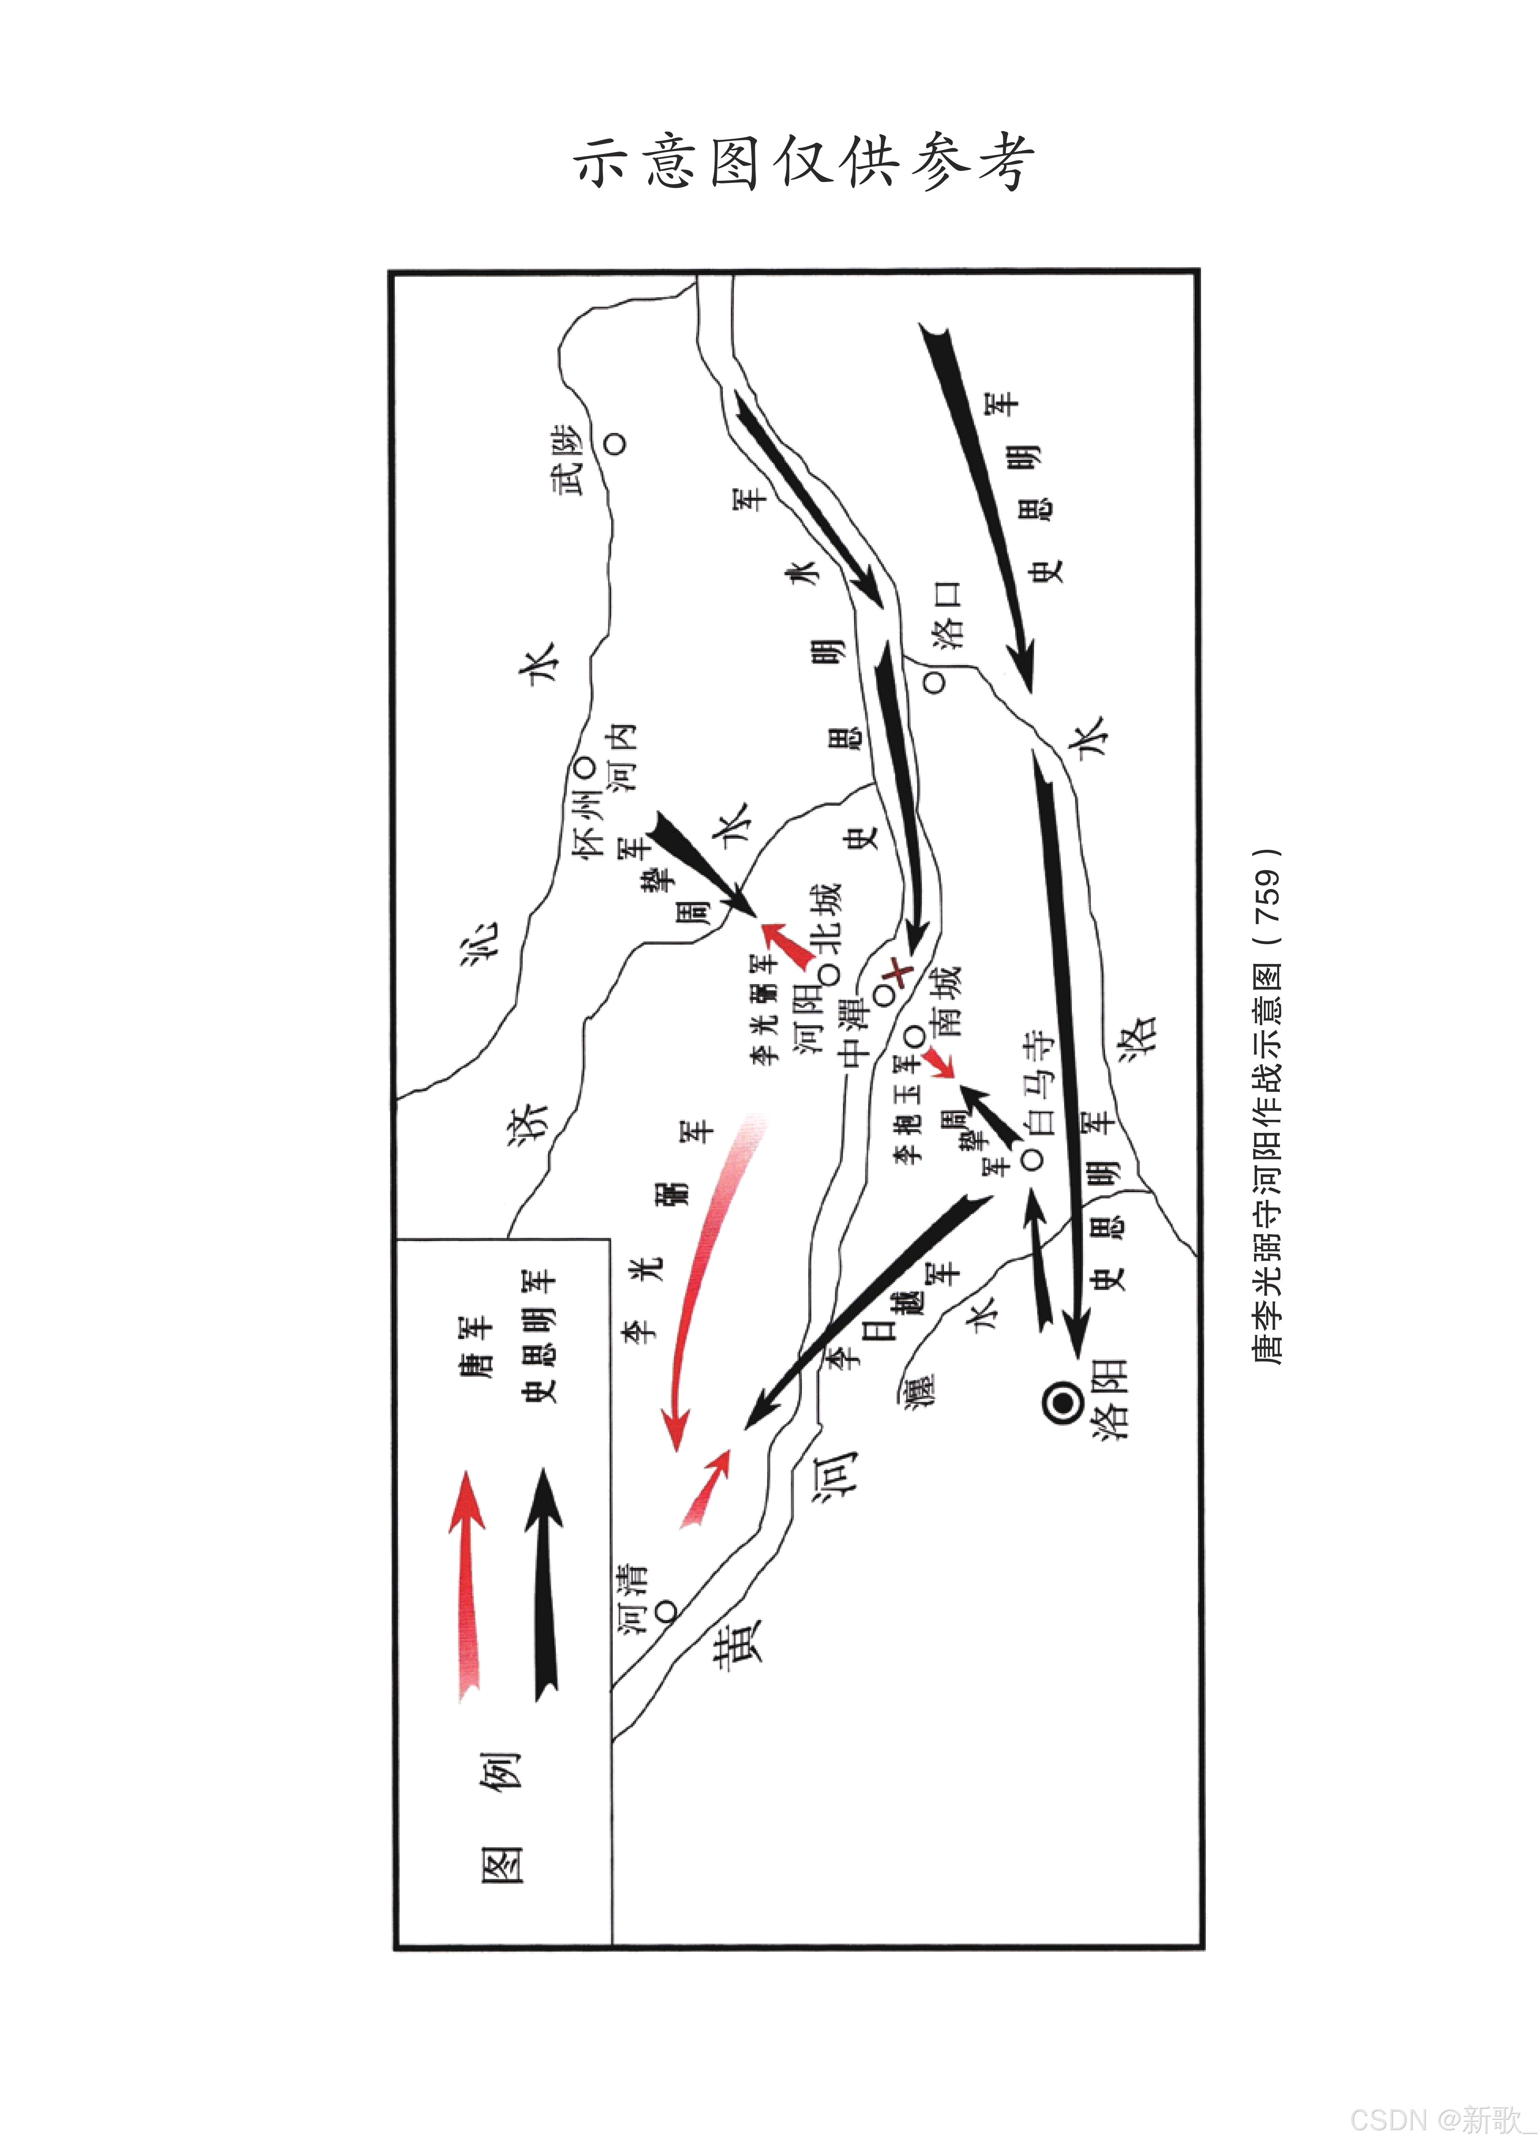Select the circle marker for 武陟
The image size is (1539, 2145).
click(x=616, y=442)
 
